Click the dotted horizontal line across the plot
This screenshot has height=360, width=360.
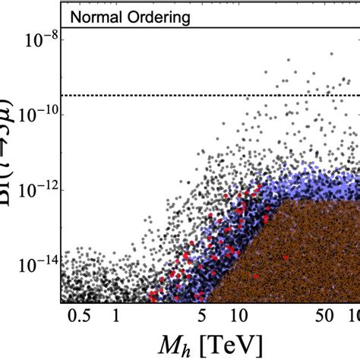190,95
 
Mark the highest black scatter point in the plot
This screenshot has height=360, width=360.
332,54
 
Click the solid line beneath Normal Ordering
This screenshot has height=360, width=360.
190,28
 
